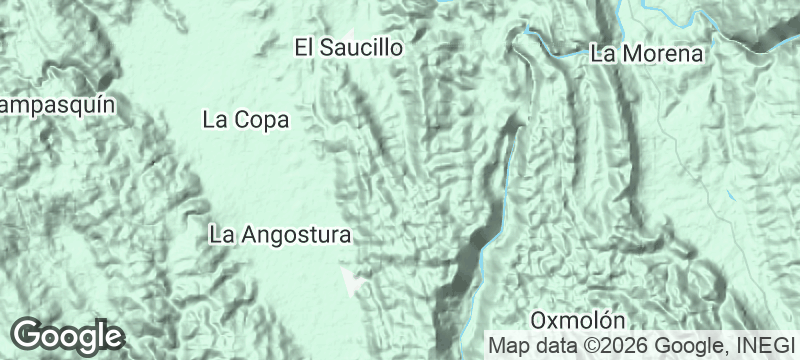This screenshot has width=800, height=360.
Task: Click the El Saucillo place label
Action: tap(348, 47)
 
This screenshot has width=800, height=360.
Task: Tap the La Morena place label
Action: tap(647, 54)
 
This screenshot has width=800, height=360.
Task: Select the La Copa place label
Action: tap(245, 120)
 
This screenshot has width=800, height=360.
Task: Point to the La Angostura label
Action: tap(281, 236)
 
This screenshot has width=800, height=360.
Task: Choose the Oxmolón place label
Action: tap(578, 321)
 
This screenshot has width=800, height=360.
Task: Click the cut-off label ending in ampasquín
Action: tap(57, 105)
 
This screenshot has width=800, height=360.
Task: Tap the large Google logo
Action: tap(67, 335)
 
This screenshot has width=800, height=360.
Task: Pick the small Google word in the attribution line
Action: tap(683, 346)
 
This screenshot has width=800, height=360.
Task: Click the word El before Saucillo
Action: tap(304, 47)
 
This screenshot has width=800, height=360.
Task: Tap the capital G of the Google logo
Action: tap(27, 334)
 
